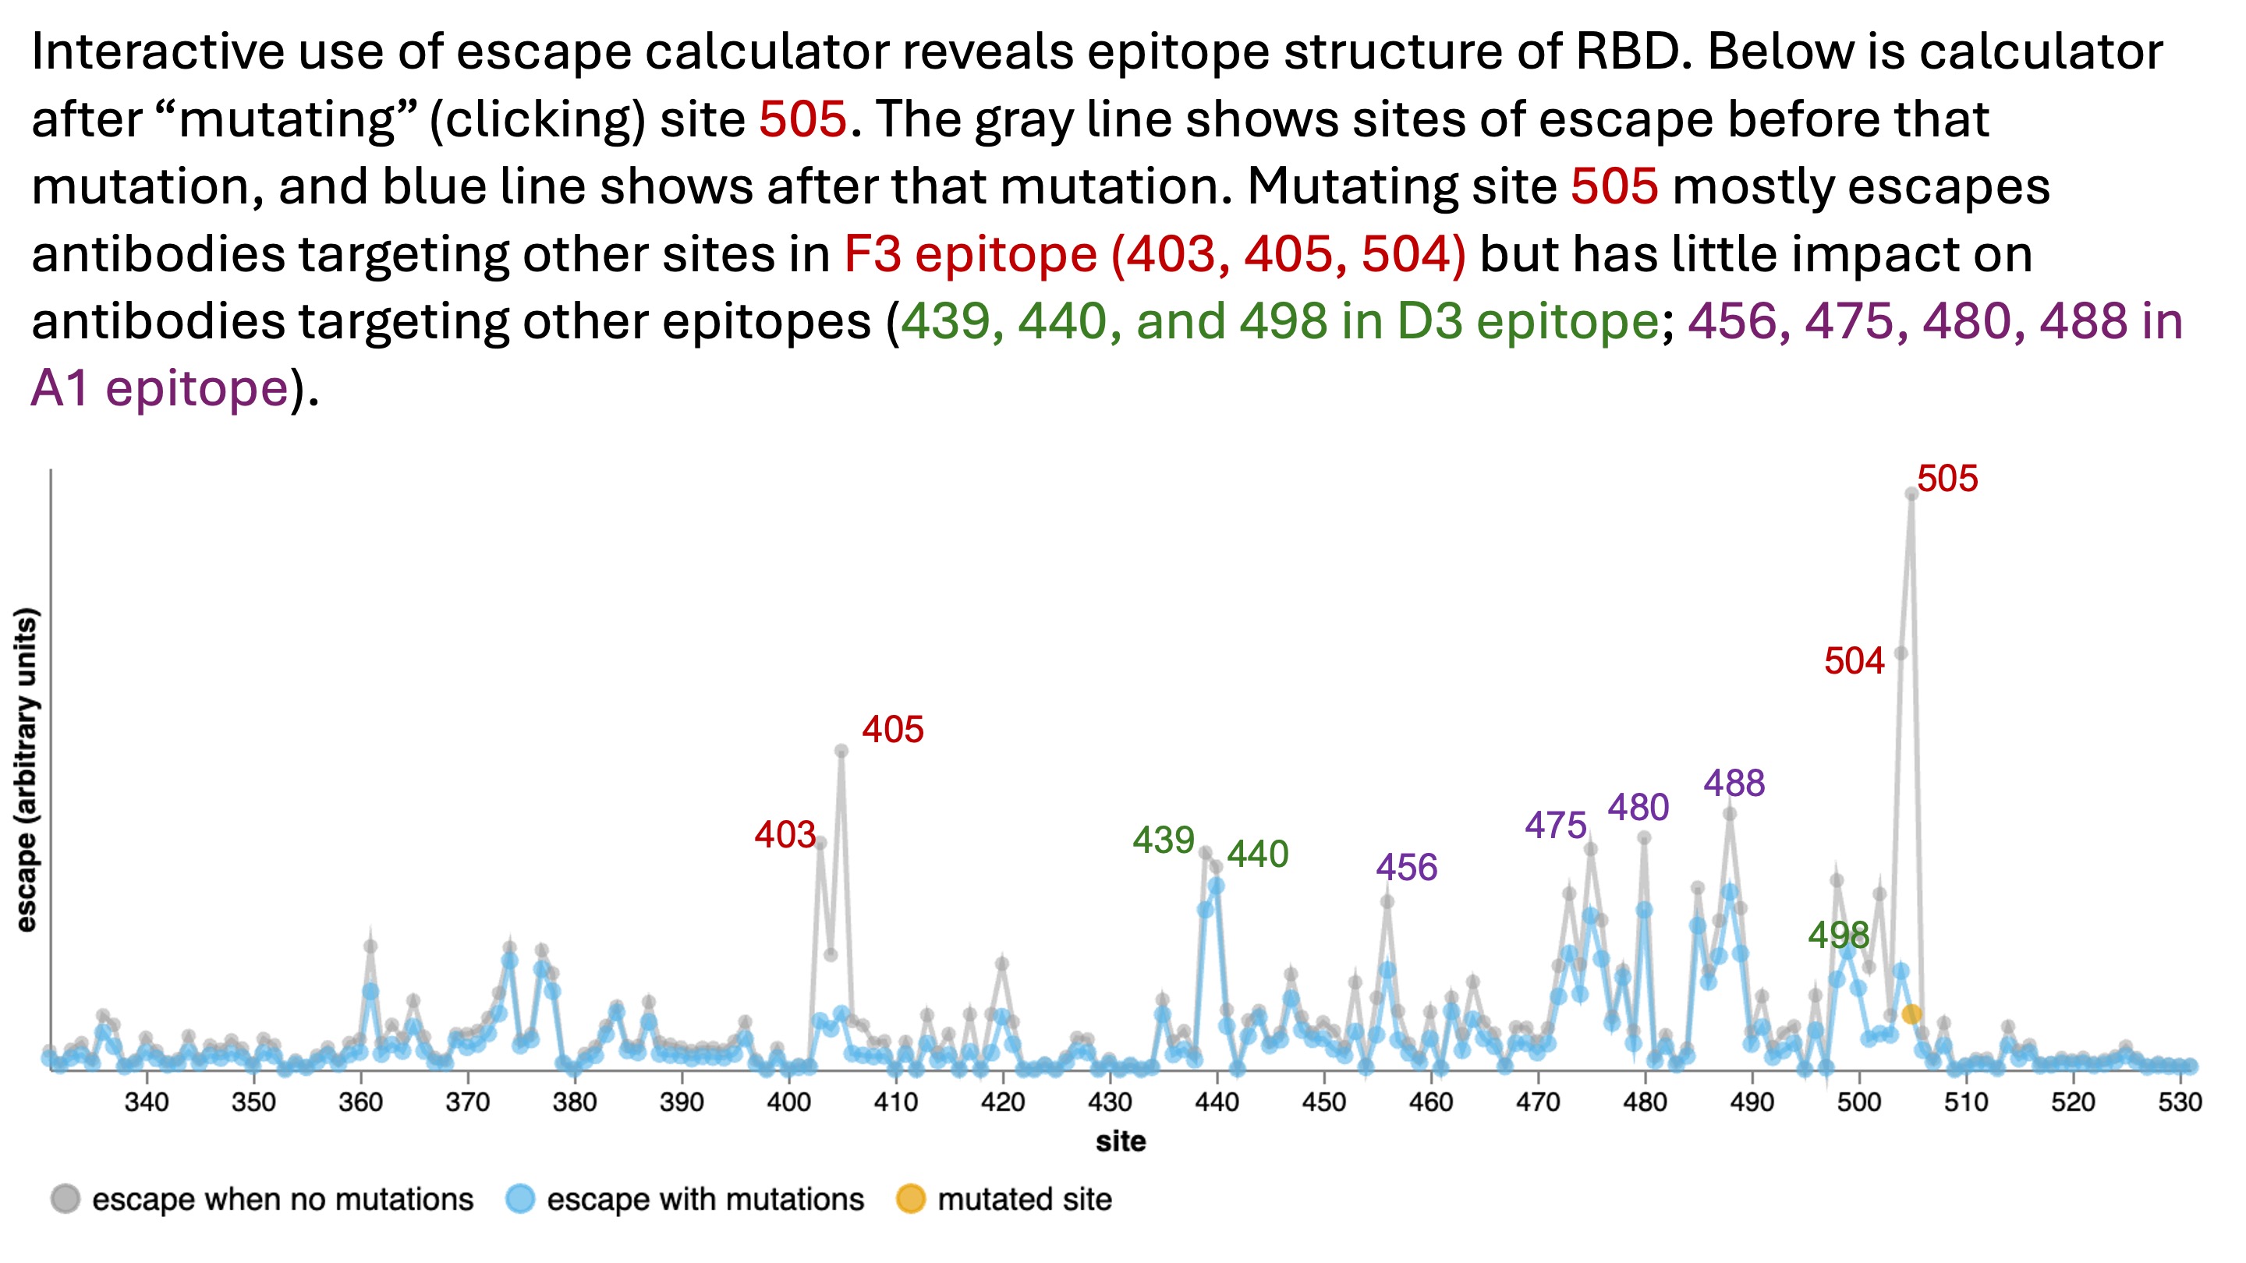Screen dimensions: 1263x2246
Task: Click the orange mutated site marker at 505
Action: coord(1911,1014)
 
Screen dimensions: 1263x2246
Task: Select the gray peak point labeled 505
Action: coord(1911,494)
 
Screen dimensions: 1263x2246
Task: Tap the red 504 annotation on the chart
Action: coord(1854,662)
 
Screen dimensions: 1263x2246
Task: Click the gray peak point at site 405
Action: coord(841,751)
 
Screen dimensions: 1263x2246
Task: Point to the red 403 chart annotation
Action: coord(785,835)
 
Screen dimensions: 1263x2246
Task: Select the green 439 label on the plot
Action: coord(1163,840)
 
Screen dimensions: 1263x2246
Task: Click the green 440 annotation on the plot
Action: coord(1257,854)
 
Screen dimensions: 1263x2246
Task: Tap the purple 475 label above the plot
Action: coord(1556,826)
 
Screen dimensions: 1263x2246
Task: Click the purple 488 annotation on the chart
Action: coord(1734,784)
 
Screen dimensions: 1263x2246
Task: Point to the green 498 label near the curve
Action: coord(1838,936)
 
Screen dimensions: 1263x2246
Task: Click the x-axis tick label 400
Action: coord(788,1102)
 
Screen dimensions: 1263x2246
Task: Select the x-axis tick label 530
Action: coord(2180,1102)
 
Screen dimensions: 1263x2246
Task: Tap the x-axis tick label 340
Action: coord(146,1102)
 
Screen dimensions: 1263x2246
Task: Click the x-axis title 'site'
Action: coord(1121,1142)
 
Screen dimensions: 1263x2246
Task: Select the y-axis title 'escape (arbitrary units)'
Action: coord(27,769)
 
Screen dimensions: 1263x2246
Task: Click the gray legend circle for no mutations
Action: coord(66,1199)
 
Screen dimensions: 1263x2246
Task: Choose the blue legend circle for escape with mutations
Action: coord(520,1199)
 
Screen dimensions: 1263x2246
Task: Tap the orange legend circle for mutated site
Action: coord(910,1199)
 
